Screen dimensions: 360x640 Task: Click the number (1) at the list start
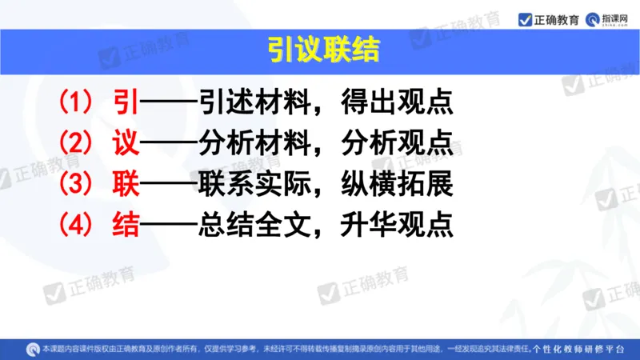pos(77,102)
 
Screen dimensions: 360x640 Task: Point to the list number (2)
pos(77,143)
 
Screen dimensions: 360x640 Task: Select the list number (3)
pos(77,185)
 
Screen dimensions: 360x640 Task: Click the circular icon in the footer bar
pos(33,349)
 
